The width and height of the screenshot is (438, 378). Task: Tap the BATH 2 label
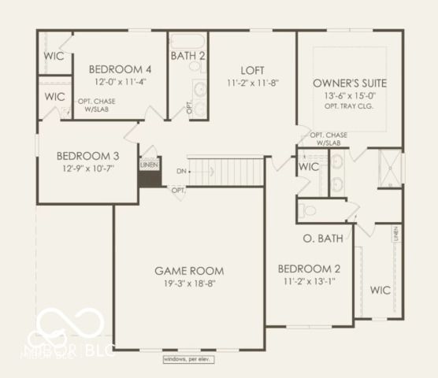click(x=187, y=56)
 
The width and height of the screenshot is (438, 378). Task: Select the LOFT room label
click(x=252, y=69)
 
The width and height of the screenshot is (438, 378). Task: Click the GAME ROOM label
click(x=188, y=270)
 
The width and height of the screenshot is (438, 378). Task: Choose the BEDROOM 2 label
click(x=309, y=268)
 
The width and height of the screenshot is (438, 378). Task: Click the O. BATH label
click(x=322, y=238)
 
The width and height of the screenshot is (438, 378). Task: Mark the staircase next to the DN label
click(x=228, y=170)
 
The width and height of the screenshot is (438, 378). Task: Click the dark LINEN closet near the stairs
click(x=148, y=175)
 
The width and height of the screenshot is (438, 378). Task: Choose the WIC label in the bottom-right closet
click(x=380, y=290)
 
